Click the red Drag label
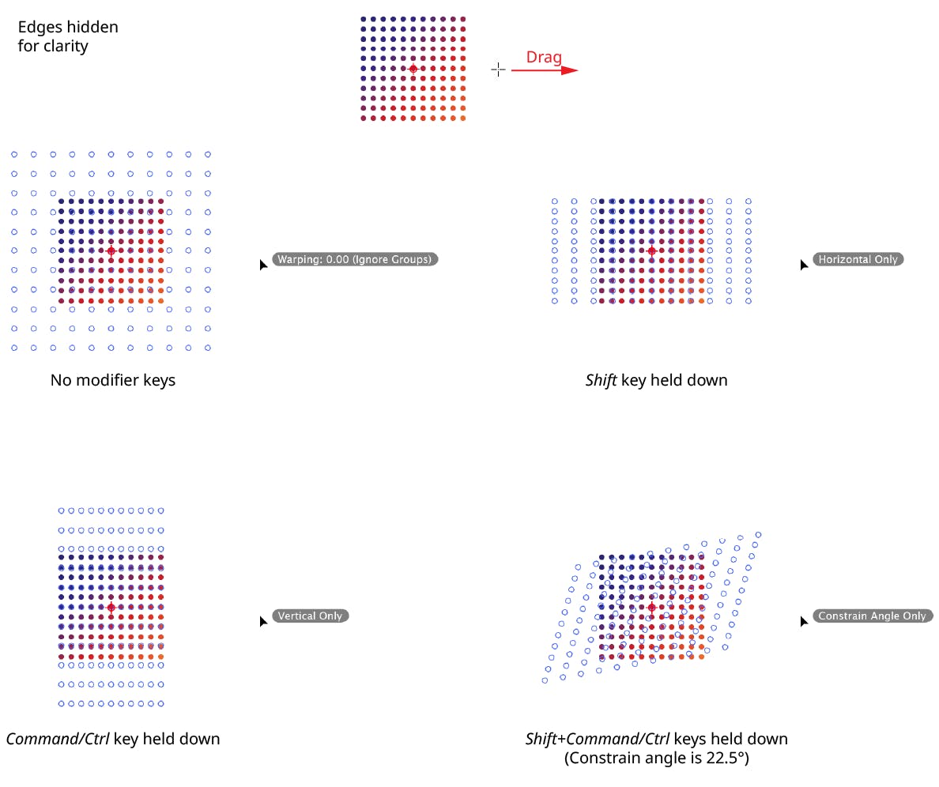(x=544, y=58)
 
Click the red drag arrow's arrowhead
(x=570, y=70)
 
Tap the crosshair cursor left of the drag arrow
(x=498, y=70)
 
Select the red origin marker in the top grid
(x=413, y=70)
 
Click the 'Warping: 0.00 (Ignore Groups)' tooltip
(x=355, y=259)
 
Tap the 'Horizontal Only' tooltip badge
(x=858, y=259)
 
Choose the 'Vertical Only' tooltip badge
(x=310, y=616)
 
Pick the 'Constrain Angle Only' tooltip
(x=873, y=616)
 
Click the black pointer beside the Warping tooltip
(x=263, y=265)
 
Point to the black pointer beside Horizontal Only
(x=805, y=265)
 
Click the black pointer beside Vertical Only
(x=263, y=621)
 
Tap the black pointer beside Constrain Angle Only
(x=805, y=621)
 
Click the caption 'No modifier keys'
(x=112, y=381)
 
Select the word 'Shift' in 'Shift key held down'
(x=601, y=381)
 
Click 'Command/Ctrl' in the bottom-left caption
(x=58, y=739)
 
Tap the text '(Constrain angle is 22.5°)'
(x=656, y=759)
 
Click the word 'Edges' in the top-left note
(x=40, y=28)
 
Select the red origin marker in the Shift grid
(x=651, y=250)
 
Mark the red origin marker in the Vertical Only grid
(x=111, y=608)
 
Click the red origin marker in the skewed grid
(x=651, y=608)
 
